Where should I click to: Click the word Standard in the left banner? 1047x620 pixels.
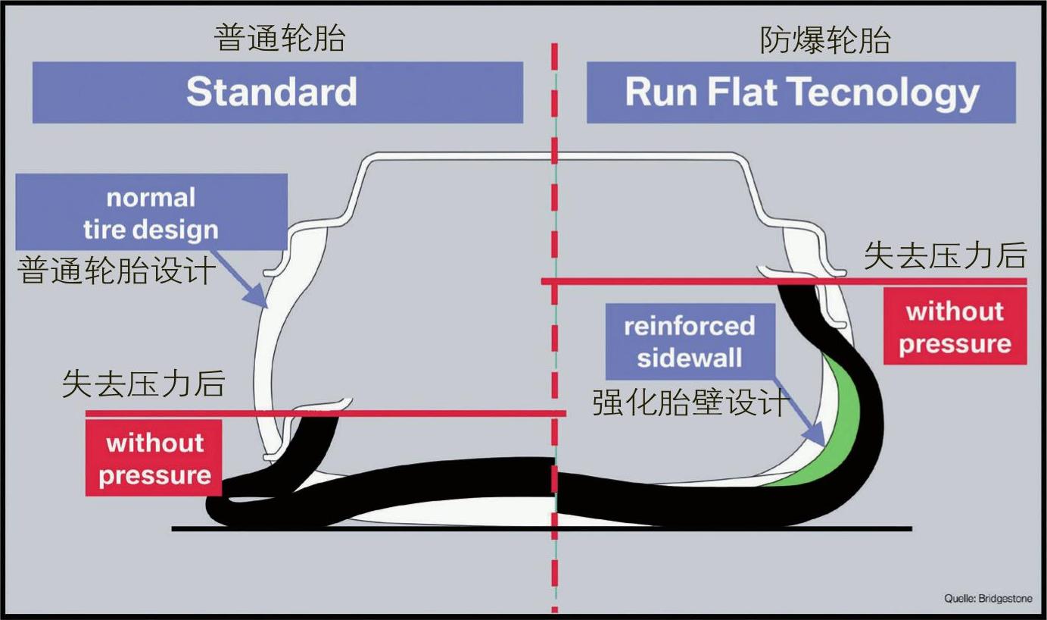point(271,92)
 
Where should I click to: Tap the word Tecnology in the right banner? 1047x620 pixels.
point(883,92)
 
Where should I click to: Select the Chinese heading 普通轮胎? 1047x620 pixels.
point(279,39)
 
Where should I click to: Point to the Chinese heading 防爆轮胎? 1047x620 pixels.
point(824,40)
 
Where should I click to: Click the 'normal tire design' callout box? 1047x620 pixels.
point(151,213)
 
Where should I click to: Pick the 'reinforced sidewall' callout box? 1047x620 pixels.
point(689,341)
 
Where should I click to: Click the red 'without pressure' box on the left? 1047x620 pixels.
point(154,459)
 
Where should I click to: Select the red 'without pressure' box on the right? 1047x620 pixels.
point(955,327)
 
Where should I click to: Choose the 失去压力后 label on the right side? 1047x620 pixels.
point(944,257)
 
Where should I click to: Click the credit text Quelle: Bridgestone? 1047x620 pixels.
point(987,598)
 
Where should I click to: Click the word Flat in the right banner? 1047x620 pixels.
point(743,92)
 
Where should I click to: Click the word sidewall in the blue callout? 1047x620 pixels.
point(689,357)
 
